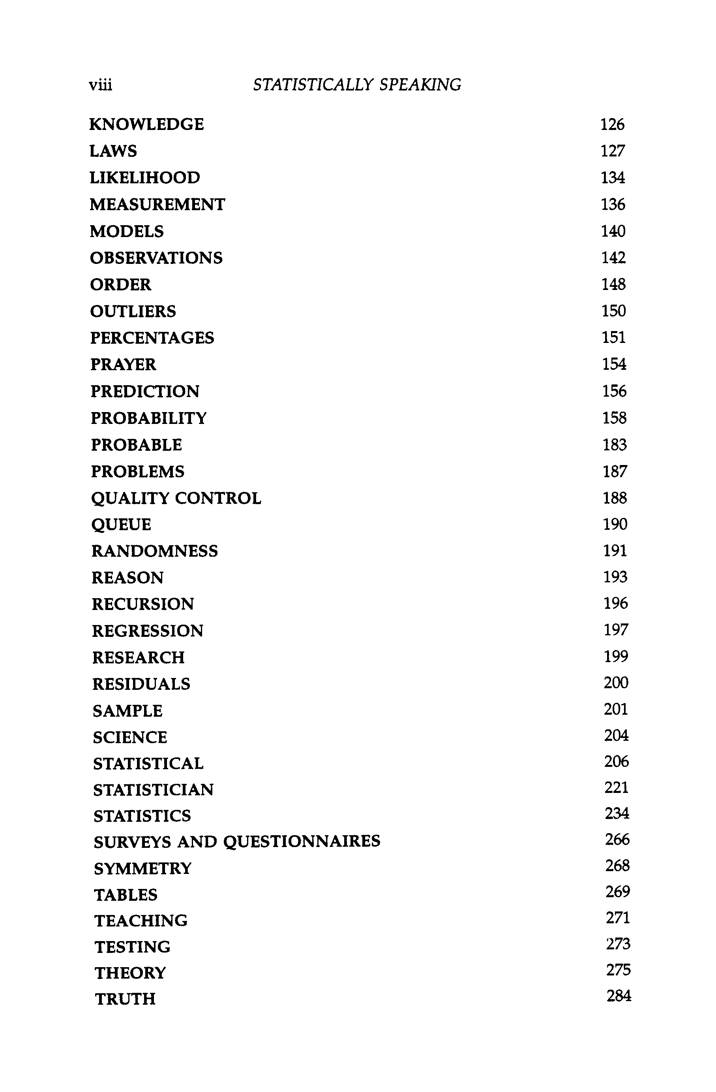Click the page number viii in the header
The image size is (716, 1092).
(100, 85)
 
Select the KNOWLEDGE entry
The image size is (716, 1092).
(146, 124)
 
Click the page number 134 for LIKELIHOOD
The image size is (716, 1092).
(613, 177)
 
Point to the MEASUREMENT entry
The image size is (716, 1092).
(157, 205)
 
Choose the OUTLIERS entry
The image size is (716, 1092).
(133, 312)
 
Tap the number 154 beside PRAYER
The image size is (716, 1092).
(614, 364)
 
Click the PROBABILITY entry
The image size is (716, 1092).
(148, 418)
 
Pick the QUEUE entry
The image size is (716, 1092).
(121, 524)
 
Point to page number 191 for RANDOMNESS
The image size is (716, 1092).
(615, 551)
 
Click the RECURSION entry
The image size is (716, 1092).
(143, 604)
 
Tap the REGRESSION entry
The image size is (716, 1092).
(148, 631)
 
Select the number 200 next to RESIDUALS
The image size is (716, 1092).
(616, 683)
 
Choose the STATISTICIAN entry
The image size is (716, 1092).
(154, 790)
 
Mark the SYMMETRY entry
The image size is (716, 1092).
(142, 868)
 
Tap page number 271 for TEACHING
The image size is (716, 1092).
(617, 918)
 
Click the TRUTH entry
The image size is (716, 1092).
(125, 999)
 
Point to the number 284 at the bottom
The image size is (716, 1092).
(619, 996)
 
